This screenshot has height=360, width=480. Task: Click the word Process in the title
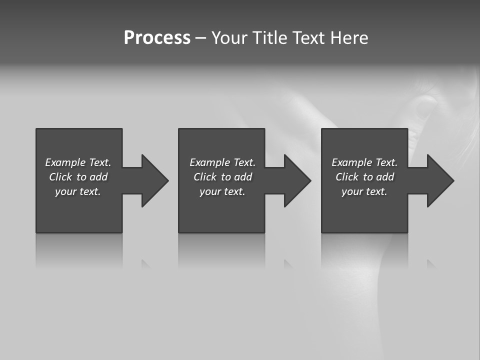point(157,38)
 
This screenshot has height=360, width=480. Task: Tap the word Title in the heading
point(268,38)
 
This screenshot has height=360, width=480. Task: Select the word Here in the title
point(349,38)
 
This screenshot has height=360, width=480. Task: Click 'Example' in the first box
point(65,162)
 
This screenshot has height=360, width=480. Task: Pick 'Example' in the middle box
point(210,162)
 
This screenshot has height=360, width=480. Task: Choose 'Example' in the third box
point(352,162)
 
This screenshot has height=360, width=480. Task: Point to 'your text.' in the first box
point(78,191)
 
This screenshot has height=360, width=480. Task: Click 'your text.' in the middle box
point(222,191)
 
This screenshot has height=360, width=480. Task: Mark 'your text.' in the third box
point(364,191)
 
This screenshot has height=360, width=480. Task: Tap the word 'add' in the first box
point(98,177)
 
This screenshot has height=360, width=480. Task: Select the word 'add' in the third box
point(385,177)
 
